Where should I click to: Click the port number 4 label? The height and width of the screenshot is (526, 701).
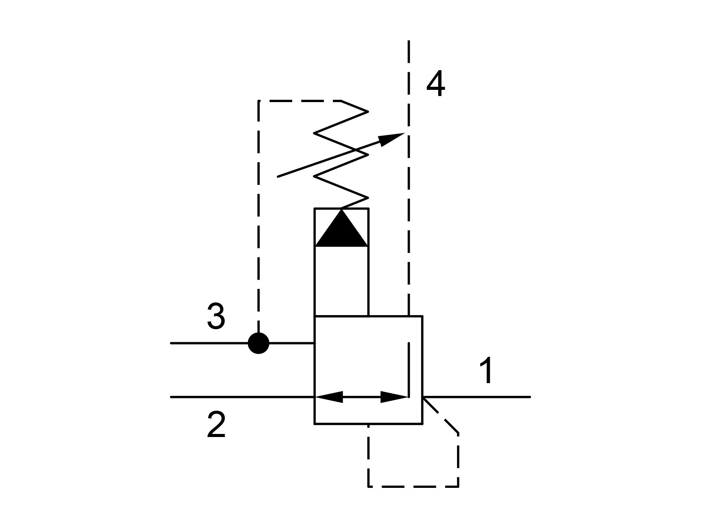coord(435,84)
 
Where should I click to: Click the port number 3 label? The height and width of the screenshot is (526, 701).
coord(216,316)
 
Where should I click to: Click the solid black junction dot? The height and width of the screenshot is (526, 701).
coord(258,343)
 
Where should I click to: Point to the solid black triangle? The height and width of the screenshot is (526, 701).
coord(341,227)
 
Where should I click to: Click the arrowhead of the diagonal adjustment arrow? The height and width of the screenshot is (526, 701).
coord(391,139)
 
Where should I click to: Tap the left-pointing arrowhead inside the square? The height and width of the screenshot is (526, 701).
coord(329,397)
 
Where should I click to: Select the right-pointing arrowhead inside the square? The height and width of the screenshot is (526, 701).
coord(394,397)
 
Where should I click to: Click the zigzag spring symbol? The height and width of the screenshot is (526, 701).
coord(341,155)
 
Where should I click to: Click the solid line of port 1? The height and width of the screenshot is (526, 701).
coord(477,397)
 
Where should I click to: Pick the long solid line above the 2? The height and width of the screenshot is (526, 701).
coord(243,397)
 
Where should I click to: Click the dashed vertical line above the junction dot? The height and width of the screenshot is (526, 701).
coord(258,217)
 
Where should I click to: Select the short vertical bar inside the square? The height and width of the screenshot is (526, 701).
coord(409,370)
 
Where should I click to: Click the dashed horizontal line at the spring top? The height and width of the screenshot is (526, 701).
coord(300,101)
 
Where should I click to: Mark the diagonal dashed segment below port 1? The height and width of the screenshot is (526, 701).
coord(441,415)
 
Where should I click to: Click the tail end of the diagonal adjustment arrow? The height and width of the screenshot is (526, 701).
coord(278,177)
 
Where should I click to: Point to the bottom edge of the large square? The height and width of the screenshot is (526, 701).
coord(368,424)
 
